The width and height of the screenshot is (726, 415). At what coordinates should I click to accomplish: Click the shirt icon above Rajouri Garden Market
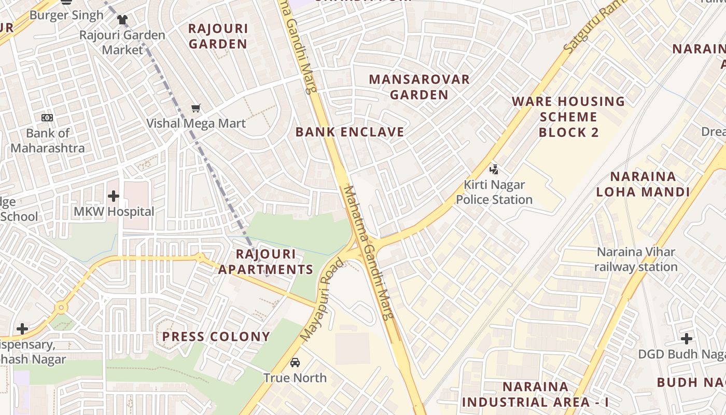tap(122, 20)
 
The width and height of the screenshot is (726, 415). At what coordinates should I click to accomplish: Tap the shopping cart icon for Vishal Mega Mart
tap(196, 108)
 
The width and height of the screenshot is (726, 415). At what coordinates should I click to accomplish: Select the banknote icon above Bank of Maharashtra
tap(47, 118)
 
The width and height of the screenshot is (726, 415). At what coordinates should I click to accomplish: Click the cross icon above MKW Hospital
tap(114, 196)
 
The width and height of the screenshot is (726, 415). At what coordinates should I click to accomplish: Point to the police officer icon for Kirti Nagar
tap(494, 169)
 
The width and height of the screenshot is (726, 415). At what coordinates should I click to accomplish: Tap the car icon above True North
tap(295, 362)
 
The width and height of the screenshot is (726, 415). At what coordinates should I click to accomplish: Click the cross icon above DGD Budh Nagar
tap(687, 339)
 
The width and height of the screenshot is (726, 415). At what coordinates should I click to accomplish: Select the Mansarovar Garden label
tap(419, 87)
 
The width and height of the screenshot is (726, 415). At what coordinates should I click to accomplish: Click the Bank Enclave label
tap(350, 132)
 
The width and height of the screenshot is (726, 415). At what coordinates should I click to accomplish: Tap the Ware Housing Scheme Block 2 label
tap(568, 117)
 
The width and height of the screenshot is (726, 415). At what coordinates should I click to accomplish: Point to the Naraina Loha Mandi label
tap(643, 184)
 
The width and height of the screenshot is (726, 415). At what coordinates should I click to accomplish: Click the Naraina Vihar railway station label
tap(636, 259)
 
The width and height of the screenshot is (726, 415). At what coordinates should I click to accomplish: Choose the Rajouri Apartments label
tap(266, 262)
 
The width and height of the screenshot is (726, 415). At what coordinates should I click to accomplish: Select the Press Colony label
tap(216, 337)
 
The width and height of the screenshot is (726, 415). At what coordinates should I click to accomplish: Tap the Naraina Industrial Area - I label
tap(535, 394)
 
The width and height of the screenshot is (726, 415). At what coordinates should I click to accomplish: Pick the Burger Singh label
tap(66, 15)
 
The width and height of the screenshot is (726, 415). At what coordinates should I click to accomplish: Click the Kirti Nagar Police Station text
tap(494, 192)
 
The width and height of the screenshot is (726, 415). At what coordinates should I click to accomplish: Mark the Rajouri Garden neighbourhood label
tap(218, 36)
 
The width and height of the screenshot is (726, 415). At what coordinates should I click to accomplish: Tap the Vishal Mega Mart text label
tap(196, 123)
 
